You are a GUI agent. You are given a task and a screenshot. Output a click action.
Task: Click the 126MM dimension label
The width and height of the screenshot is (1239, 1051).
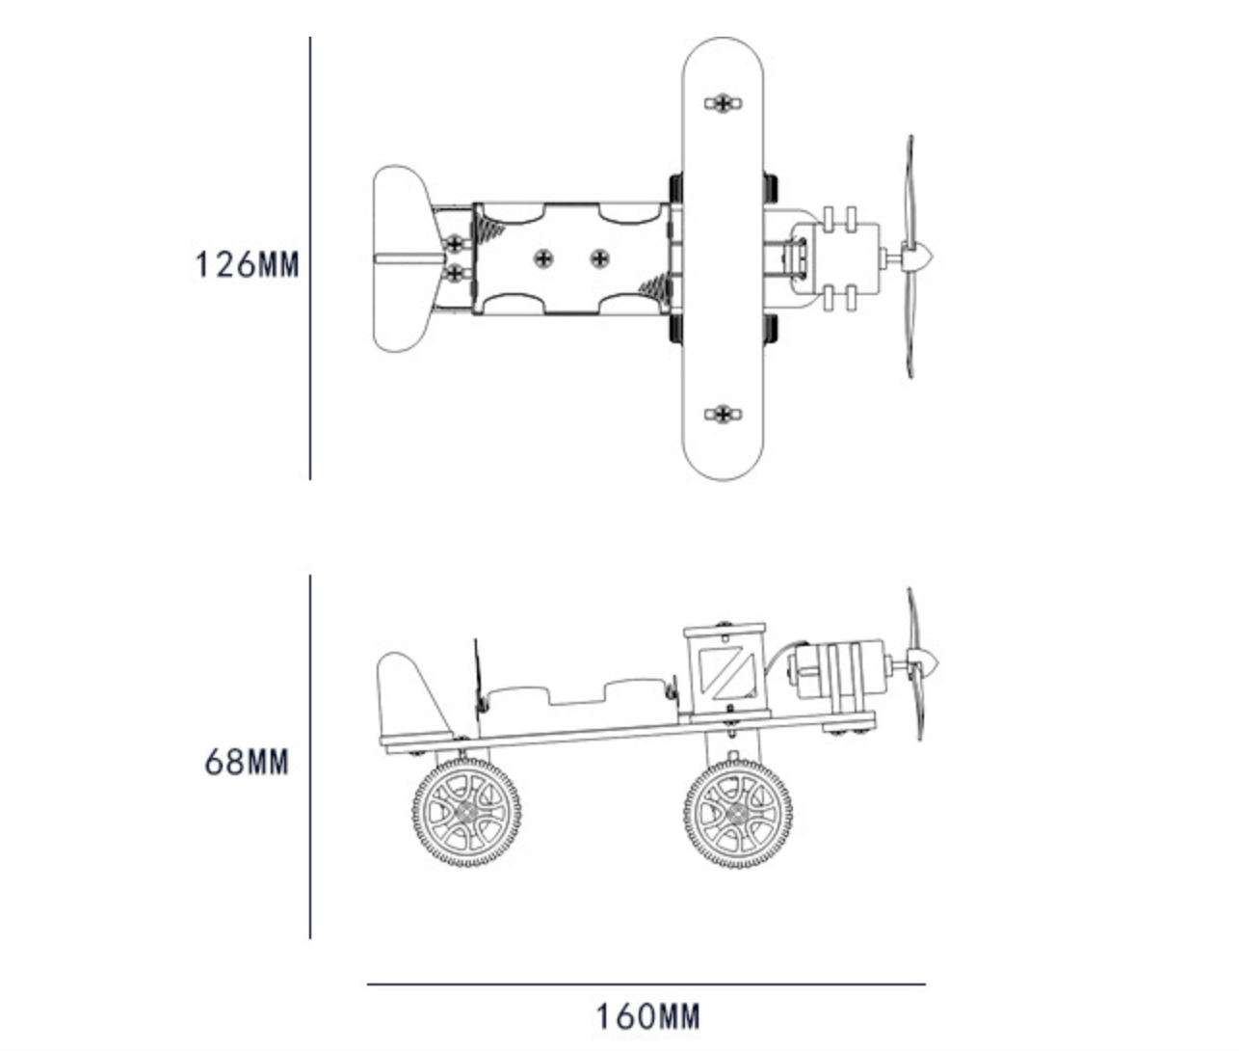[247, 264]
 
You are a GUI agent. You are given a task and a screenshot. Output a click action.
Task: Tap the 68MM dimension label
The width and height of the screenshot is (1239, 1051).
[247, 763]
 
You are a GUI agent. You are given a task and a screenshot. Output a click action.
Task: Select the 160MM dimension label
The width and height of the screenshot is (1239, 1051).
[648, 1016]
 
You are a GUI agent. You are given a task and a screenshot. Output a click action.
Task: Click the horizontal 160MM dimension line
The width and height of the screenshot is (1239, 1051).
[646, 984]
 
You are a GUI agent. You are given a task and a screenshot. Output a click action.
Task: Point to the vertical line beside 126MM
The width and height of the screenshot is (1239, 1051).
[310, 258]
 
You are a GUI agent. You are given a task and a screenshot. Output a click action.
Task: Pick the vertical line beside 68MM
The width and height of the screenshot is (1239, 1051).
[310, 757]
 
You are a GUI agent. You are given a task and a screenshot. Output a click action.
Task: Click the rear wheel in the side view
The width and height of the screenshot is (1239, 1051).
[466, 813]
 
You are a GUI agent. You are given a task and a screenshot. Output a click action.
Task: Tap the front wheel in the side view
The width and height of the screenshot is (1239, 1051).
[738, 814]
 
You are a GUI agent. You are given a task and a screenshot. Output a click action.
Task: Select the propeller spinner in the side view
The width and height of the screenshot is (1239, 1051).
[925, 664]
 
